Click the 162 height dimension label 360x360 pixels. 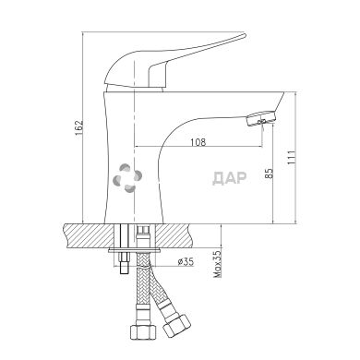(x=79, y=128)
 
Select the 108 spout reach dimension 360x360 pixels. (x=198, y=142)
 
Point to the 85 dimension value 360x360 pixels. (x=269, y=174)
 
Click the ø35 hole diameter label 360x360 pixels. (x=186, y=262)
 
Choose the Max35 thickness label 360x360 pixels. (x=218, y=264)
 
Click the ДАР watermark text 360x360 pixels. (x=230, y=178)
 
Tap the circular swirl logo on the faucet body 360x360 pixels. (x=127, y=178)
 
